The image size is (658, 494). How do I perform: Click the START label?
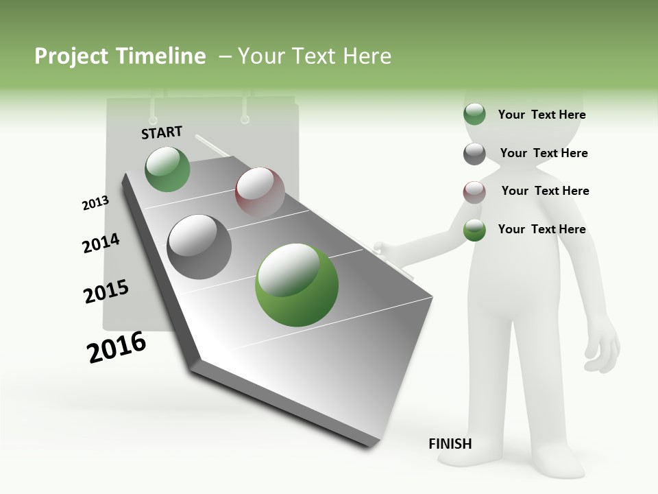click(x=162, y=132)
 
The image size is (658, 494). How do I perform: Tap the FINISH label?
click(x=450, y=444)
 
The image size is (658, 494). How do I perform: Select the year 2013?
click(x=95, y=203)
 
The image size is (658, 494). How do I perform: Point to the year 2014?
click(x=101, y=243)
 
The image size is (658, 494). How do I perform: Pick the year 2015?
click(x=106, y=292)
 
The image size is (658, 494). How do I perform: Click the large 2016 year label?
click(x=117, y=347)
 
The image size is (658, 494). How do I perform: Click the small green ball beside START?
click(x=167, y=169)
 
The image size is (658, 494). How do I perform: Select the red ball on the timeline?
click(x=260, y=191)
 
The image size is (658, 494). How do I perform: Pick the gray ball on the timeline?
click(x=199, y=246)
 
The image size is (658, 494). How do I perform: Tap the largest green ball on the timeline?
click(x=296, y=285)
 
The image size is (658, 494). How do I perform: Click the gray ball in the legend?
click(x=474, y=154)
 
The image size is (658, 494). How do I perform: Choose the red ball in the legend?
click(x=474, y=192)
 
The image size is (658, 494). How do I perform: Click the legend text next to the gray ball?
click(x=544, y=153)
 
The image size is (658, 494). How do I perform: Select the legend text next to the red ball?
click(x=545, y=191)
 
